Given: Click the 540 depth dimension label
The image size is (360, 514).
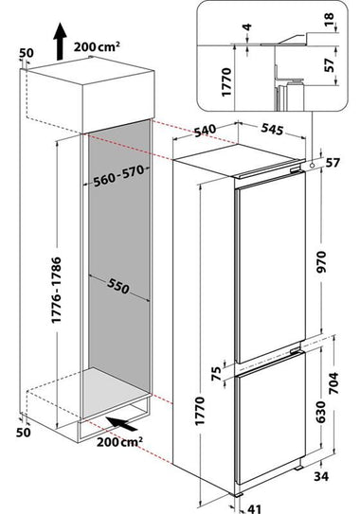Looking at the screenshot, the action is coord(205,130).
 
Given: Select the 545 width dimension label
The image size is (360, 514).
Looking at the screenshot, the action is coord(272,129).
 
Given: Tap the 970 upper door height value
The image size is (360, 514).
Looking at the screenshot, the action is coord(321,262).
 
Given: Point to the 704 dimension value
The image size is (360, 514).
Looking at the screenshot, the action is coord(333,382).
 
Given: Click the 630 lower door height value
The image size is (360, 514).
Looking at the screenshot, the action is coord(320,412).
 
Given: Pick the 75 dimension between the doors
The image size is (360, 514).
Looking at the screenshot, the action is coord(216,374).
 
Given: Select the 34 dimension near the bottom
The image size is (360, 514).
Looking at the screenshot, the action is coord(321,476).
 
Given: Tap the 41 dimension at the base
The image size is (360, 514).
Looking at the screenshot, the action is coord(254,508).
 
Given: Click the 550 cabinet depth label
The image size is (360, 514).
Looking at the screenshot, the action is coord(118,287).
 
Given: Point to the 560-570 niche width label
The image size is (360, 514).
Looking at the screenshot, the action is coord(118,176).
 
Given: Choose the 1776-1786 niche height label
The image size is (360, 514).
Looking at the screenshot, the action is coord(56,290).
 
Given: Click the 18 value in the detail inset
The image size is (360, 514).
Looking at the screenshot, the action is coord(329,20).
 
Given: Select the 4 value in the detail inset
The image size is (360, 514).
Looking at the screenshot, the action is coord(247,27).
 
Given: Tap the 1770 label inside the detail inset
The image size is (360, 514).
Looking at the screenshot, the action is coord(226,82).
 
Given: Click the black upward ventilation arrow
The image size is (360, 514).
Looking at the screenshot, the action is coord(60,42).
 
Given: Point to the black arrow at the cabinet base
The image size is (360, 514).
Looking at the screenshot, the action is coord(121,423).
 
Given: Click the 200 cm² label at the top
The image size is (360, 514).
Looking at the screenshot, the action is coord(97,46).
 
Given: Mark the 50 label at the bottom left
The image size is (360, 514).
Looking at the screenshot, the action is coord(24,433).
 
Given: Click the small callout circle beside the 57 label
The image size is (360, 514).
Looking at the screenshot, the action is coord(312,165).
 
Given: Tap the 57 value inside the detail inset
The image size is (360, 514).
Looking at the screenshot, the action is coord(329,65).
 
